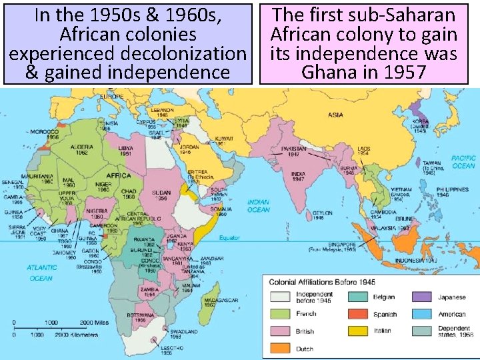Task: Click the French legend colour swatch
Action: [x=280, y=313]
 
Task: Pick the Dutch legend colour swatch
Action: [x=280, y=347]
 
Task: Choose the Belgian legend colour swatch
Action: [x=358, y=297]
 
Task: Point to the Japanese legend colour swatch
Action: [x=421, y=297]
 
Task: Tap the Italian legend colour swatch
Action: [x=358, y=331]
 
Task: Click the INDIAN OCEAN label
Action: [x=259, y=205]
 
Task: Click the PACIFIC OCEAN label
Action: [x=463, y=162]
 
